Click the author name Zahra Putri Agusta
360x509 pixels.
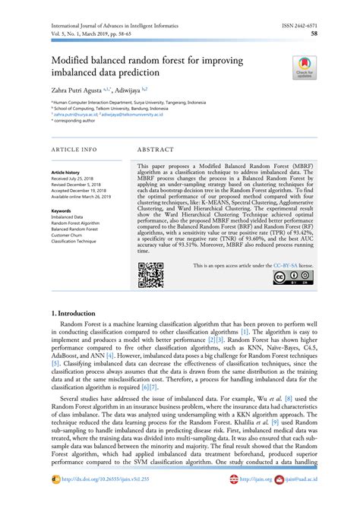point(80,89)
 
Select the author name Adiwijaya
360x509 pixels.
point(133,89)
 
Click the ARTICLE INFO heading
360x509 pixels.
point(74,150)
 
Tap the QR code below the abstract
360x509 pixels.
point(151,275)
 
